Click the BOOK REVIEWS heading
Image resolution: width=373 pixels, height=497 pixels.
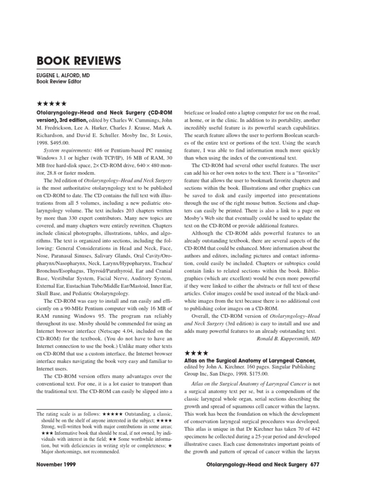[x=79, y=62]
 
